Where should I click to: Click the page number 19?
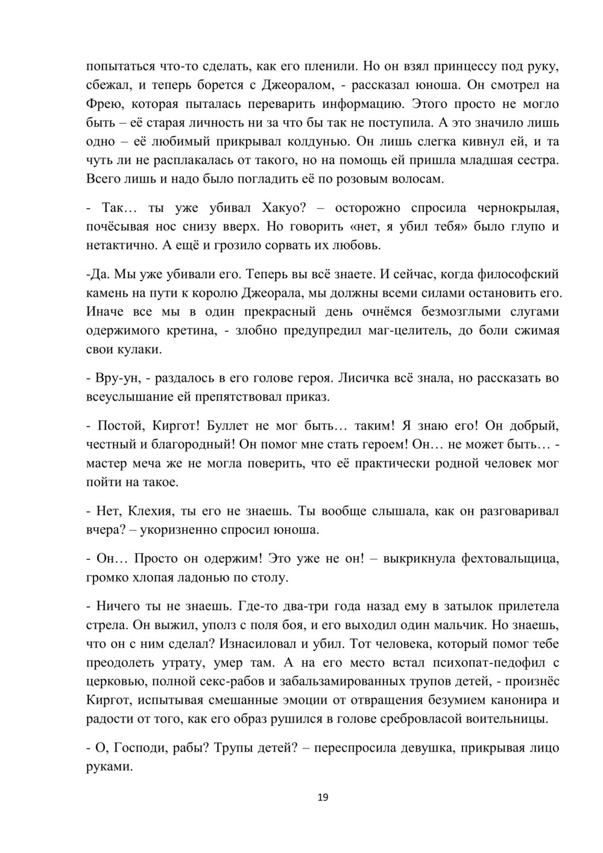coord(323,798)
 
